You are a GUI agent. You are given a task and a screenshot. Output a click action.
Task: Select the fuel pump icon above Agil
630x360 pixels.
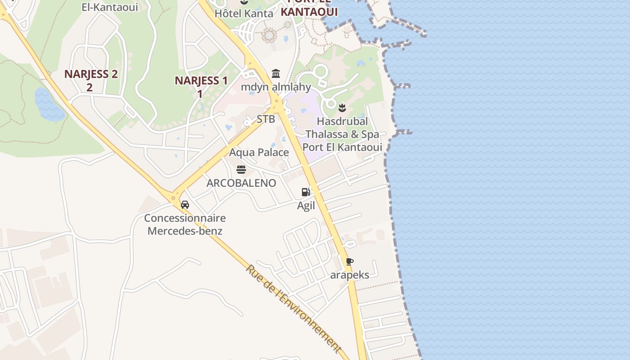point(306,192)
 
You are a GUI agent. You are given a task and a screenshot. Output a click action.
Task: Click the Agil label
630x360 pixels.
point(306,206)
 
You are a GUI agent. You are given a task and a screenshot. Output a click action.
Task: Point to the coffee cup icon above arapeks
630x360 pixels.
point(350,261)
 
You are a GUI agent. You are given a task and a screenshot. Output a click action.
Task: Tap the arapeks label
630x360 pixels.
point(350,275)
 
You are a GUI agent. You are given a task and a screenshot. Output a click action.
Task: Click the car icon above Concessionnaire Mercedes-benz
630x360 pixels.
point(184,205)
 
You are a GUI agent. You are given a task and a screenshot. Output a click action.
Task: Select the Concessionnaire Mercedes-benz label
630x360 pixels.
point(185,225)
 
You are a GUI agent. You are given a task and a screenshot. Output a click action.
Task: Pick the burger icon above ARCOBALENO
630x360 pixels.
point(241,170)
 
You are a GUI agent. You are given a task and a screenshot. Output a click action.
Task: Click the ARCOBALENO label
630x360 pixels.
point(241,183)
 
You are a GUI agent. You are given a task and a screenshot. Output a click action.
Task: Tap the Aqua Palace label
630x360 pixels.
point(259,153)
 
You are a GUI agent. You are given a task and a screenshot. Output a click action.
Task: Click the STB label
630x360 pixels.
point(265,119)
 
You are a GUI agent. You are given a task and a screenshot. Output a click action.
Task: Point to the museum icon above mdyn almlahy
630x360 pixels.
point(276,73)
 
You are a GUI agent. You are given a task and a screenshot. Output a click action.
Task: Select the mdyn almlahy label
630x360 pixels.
point(276,87)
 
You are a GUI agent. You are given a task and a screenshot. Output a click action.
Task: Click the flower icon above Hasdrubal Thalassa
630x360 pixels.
point(342,108)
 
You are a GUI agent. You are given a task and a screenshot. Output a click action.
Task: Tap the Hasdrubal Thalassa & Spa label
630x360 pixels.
point(342,134)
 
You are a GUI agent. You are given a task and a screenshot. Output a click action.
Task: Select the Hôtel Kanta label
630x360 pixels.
point(244,13)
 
